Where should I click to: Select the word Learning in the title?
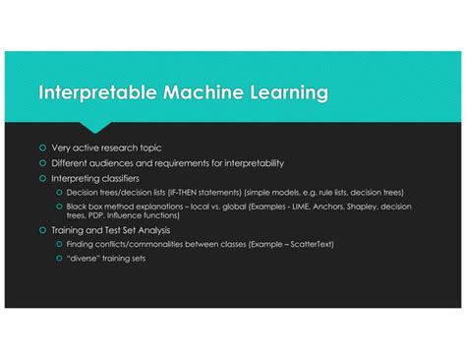coord(285,93)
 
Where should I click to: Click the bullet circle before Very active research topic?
coord(42,148)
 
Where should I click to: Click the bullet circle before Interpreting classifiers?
coord(42,178)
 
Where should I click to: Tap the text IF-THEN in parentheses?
coord(180,192)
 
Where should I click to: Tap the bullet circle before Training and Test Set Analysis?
coord(42,228)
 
